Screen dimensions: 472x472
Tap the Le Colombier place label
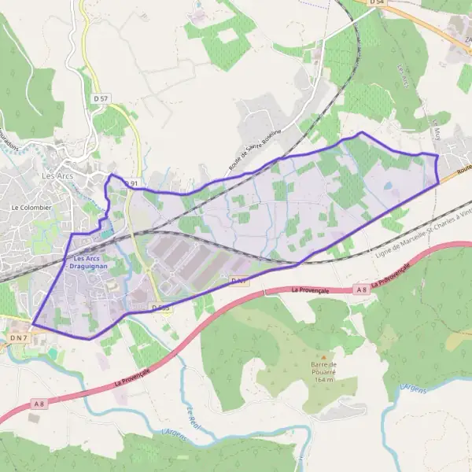point(31,207)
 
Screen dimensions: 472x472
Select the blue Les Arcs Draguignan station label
point(85,263)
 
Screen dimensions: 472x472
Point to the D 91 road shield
point(131,183)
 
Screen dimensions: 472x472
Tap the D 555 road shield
point(161,308)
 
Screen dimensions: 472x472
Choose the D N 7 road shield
point(17,337)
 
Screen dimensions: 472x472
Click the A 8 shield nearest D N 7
point(39,404)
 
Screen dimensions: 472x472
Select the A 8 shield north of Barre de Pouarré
point(361,289)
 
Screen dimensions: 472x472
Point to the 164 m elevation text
point(322,379)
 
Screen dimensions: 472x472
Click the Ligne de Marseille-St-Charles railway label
point(423,234)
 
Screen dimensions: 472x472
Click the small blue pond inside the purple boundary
point(387,186)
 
